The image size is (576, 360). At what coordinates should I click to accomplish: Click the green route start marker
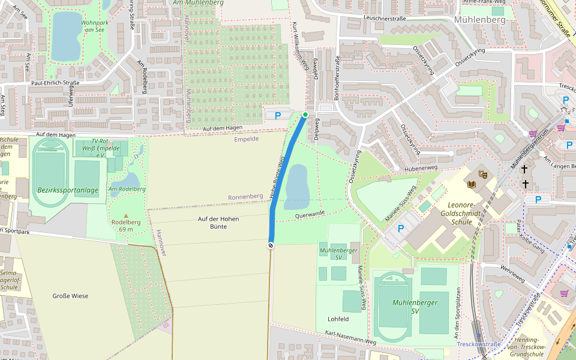(x=305, y=115)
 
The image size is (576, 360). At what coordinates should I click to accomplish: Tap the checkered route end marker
(x=271, y=245)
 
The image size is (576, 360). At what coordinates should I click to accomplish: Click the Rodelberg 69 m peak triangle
(x=126, y=215)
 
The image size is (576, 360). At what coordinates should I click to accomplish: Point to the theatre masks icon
(x=483, y=174)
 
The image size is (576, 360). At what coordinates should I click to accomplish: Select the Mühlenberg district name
(x=480, y=19)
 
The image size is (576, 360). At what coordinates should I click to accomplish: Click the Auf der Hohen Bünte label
(x=218, y=223)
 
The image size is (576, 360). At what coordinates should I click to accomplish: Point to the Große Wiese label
(x=70, y=296)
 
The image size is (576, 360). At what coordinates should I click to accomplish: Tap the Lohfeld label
(x=338, y=319)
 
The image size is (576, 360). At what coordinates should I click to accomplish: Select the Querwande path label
(x=310, y=214)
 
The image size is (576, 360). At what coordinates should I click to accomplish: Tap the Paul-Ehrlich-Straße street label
(x=55, y=83)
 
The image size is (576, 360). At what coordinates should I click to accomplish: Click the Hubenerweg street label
(x=424, y=169)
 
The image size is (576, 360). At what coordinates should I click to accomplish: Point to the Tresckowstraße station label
(x=478, y=344)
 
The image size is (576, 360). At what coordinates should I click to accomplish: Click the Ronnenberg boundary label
(x=245, y=197)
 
